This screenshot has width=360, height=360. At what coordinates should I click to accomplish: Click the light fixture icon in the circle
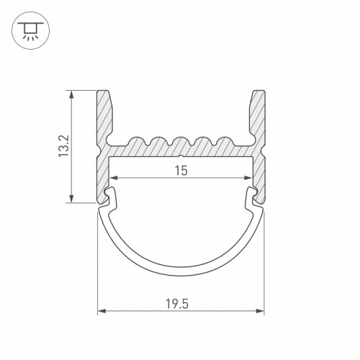point(30,30)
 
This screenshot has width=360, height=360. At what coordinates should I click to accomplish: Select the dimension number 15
point(180,170)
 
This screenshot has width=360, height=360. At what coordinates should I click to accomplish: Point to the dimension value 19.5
point(180,302)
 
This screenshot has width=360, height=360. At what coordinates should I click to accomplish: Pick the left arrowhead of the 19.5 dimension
point(101,311)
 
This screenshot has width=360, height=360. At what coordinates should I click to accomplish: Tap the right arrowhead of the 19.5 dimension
point(261,311)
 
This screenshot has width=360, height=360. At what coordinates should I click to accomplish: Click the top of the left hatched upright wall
point(103,92)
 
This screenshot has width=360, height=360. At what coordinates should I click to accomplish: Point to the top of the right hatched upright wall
point(258,92)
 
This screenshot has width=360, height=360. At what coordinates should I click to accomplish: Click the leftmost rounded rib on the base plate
point(135,138)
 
